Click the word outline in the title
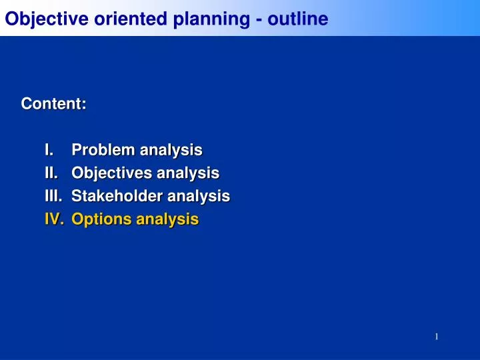298,19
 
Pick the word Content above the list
52,104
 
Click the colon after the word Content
85,105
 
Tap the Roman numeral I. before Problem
49,150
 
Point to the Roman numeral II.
51,173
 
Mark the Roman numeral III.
53,196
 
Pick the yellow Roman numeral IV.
53,219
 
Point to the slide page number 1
436,337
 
